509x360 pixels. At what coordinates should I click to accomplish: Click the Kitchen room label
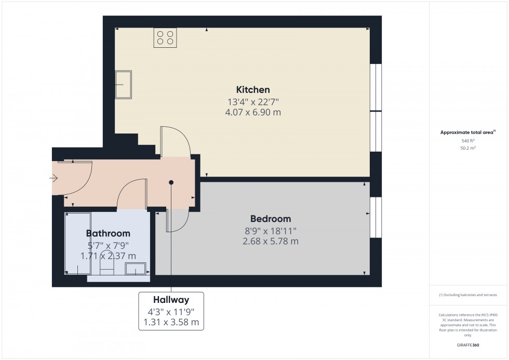point(253,89)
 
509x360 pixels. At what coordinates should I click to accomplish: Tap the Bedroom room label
point(270,219)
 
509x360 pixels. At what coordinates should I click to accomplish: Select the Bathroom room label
point(108,233)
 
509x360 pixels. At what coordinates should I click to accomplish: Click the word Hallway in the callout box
point(171,300)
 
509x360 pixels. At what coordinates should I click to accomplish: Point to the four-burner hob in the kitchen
point(165,37)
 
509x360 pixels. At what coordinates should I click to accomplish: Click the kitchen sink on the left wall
point(124,85)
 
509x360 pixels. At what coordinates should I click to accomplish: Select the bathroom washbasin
point(136,269)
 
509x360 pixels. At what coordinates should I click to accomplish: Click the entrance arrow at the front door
point(54,179)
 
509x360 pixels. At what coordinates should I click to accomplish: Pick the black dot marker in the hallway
point(171,182)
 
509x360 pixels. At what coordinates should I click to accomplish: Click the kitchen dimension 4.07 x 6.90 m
point(253,112)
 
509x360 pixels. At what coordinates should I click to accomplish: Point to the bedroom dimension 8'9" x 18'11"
point(270,230)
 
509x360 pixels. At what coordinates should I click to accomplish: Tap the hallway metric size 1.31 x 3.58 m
point(171,322)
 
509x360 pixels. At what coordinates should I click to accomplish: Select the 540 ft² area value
point(468,141)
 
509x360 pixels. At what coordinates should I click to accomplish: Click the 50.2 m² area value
point(468,148)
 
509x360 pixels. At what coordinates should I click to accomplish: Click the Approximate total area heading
point(467,132)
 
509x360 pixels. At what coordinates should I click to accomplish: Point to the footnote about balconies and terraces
point(468,295)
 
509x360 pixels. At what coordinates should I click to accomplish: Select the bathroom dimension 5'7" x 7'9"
point(108,245)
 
